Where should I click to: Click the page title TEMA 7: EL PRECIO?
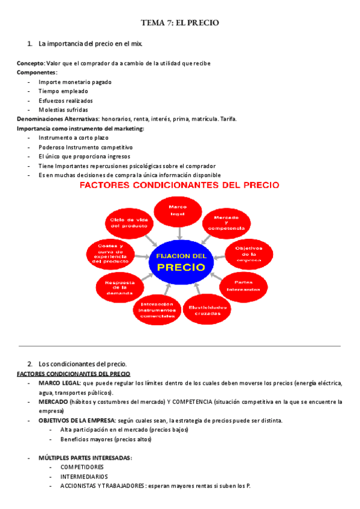click(x=180, y=23)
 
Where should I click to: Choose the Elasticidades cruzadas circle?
click(x=208, y=309)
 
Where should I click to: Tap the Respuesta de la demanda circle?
click(x=119, y=287)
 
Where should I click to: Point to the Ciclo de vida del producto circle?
click(x=130, y=223)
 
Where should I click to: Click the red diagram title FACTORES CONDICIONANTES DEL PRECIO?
click(x=179, y=185)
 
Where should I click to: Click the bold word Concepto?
click(x=30, y=64)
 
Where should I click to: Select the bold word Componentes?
click(x=37, y=73)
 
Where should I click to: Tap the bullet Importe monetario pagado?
click(x=74, y=82)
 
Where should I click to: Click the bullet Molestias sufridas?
click(x=63, y=110)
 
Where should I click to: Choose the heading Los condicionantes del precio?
click(x=82, y=364)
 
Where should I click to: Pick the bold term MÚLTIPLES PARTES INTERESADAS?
click(x=85, y=458)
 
